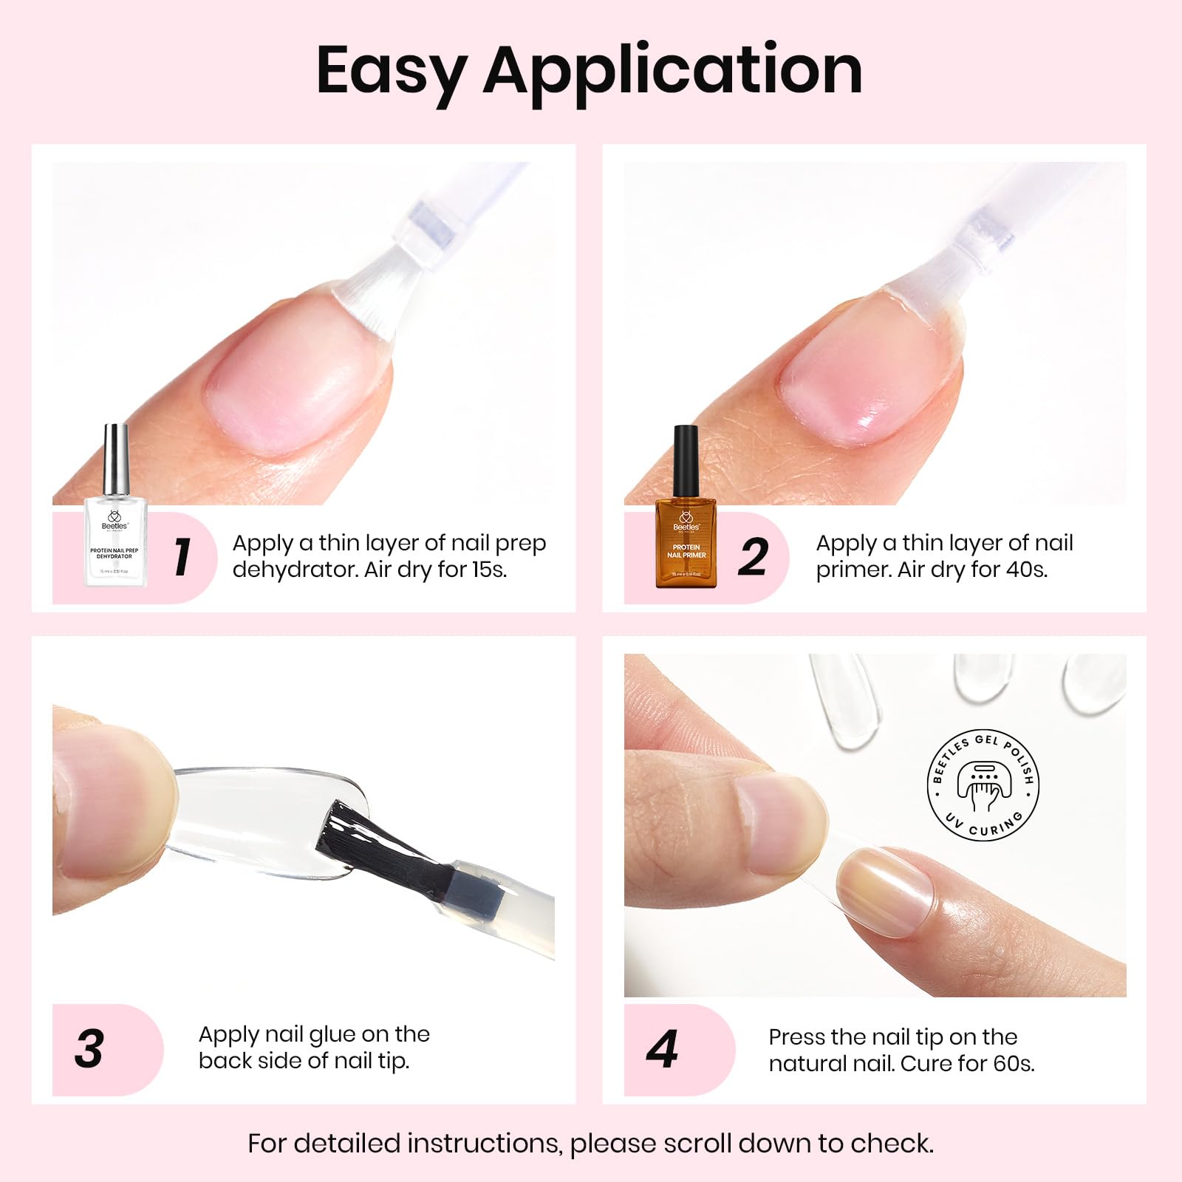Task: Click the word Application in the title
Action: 672,72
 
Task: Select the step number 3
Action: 89,1048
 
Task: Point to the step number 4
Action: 662,1048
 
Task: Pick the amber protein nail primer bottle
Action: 686,543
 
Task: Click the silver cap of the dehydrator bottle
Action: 115,459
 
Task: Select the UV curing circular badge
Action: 983,788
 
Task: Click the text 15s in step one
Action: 489,570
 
